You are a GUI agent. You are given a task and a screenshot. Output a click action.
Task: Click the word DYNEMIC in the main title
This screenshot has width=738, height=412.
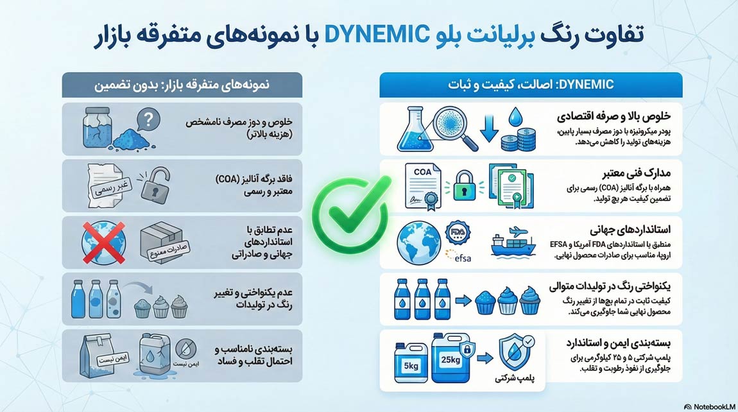[376, 35]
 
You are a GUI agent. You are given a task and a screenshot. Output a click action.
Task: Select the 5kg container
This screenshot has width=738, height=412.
[411, 362]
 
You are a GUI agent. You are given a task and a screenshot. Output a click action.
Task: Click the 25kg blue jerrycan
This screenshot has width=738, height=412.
[451, 358]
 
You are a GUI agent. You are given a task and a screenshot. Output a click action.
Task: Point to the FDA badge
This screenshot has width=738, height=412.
[458, 232]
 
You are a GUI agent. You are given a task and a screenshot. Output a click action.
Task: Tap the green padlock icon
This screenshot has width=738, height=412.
[464, 187]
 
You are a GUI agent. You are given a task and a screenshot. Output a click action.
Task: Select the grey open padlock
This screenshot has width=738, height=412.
[155, 185]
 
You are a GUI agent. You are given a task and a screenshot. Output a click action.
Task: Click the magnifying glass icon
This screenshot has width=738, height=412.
[454, 128]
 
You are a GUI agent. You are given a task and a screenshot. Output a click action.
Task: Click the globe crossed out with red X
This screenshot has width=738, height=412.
[103, 243]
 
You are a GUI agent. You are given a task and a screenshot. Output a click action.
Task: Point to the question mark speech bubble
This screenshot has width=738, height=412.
[148, 121]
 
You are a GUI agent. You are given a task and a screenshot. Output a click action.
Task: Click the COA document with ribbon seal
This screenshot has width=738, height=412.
[423, 187]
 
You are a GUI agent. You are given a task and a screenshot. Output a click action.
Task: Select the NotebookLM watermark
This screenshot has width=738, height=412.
[709, 406]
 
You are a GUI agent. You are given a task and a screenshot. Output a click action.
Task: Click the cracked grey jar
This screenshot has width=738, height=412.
[98, 128]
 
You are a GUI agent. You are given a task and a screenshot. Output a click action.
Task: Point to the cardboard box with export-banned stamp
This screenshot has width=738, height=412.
[163, 243]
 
